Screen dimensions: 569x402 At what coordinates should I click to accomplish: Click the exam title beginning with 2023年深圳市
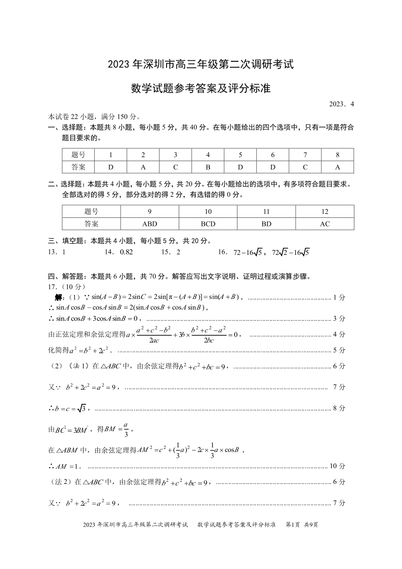coord(200,65)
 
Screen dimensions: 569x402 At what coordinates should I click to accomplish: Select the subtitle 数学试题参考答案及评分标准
coord(200,89)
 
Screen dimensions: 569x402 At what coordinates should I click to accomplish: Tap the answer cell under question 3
coord(175,167)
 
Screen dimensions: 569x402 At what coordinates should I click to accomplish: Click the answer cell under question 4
coord(208,167)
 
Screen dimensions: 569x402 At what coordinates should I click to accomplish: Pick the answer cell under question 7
coord(305,167)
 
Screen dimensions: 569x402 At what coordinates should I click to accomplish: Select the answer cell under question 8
coord(337,167)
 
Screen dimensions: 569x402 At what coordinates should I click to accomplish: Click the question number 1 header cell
coord(110,155)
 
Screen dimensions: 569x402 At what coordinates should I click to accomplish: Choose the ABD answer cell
coord(150,224)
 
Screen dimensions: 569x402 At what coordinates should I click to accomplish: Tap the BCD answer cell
coord(208,224)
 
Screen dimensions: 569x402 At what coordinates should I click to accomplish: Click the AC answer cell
coord(325,224)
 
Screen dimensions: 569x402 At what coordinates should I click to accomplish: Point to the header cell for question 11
coord(266,212)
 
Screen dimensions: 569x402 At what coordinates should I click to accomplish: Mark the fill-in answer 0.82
coord(126,252)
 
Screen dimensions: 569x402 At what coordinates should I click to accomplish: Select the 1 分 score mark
coord(339,297)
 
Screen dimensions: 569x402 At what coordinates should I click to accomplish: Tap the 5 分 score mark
coord(339,350)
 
